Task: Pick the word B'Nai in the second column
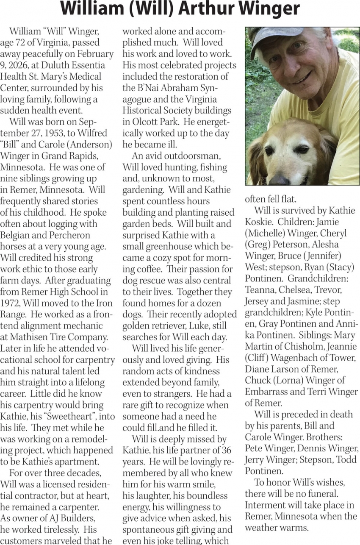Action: pyautogui.click(x=150, y=88)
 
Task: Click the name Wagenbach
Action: pyautogui.click(x=298, y=358)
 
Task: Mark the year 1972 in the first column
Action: pyautogui.click(x=9, y=303)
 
